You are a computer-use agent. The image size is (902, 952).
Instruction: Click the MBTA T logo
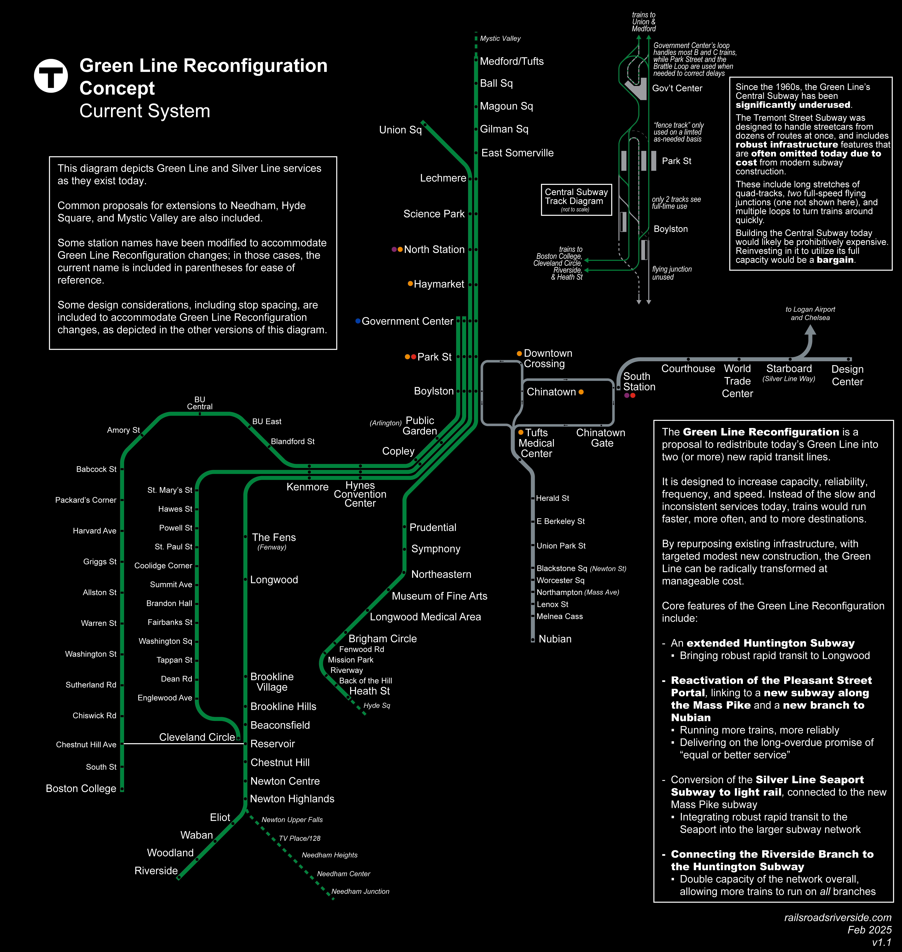coord(51,75)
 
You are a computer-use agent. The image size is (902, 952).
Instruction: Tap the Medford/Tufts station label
coord(512,62)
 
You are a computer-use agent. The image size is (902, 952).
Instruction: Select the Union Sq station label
coord(400,130)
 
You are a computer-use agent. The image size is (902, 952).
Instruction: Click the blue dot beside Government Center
coord(358,321)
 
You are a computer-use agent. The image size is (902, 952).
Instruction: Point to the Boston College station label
coord(81,789)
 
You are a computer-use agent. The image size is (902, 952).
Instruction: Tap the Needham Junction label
coord(360,891)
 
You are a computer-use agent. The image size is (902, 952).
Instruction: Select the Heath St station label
coord(369,691)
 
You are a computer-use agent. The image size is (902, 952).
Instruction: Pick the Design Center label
coord(847,375)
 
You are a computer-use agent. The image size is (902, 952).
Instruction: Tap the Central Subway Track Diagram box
coord(576,199)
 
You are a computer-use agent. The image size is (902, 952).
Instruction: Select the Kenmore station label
coord(307,487)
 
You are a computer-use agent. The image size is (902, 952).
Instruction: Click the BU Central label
coord(200,403)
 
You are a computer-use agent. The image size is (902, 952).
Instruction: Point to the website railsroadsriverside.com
coord(838,917)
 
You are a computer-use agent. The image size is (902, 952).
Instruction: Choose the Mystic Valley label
coord(500,38)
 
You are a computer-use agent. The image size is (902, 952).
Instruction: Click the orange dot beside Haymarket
coord(410,284)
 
